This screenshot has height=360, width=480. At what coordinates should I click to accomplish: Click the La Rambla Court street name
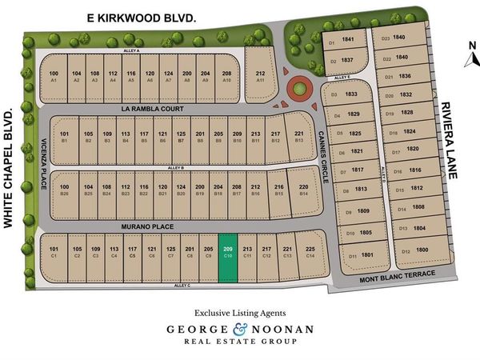click(x=152, y=109)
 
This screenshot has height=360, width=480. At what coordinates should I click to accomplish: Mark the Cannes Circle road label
click(x=322, y=155)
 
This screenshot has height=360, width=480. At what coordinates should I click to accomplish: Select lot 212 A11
click(x=260, y=74)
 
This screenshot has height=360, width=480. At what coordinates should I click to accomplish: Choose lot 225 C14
click(x=310, y=252)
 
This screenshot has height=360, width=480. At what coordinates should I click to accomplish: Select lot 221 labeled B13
click(x=298, y=136)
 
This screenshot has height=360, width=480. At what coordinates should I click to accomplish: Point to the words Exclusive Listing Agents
click(x=241, y=312)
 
